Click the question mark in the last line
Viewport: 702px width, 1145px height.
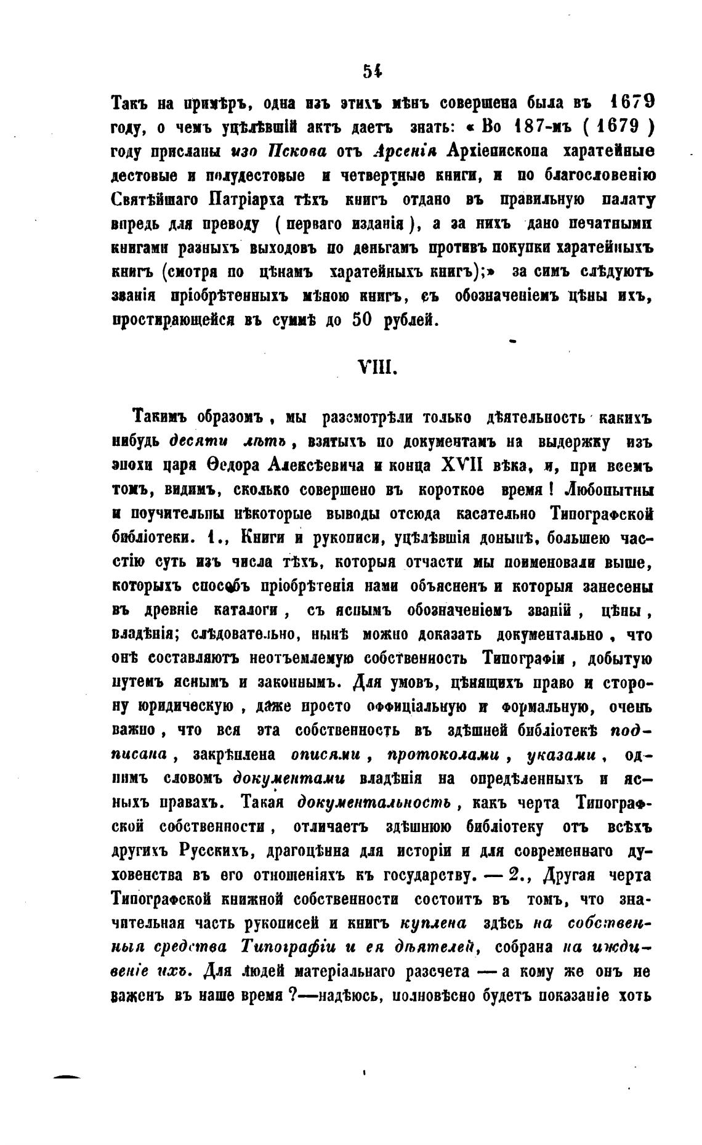click(294, 996)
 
